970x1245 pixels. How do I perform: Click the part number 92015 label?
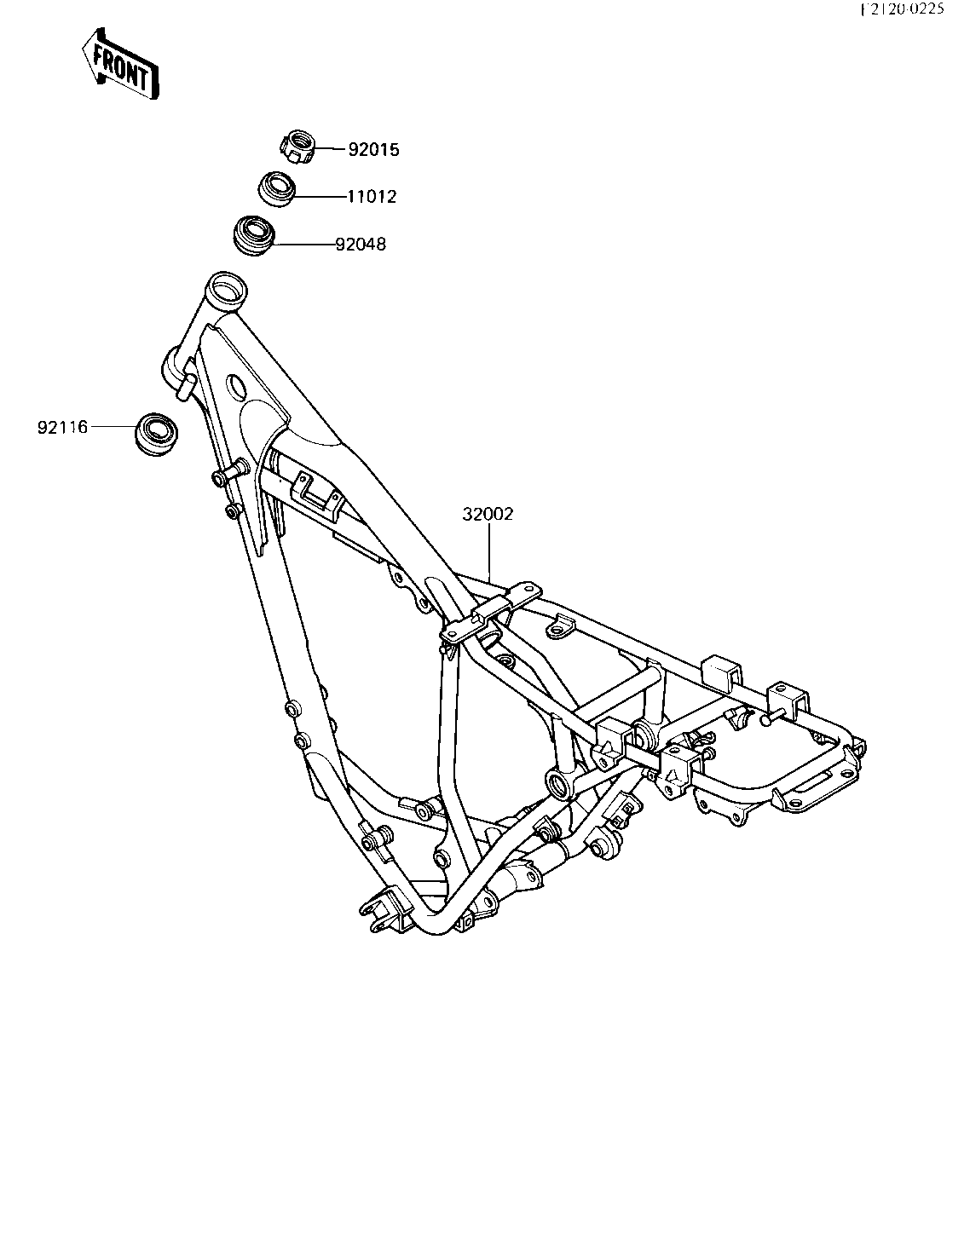click(x=373, y=150)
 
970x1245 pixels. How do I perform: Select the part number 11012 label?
click(x=372, y=197)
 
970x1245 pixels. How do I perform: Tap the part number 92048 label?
click(x=361, y=245)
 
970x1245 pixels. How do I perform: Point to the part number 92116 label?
click(x=63, y=428)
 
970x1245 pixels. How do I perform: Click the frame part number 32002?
click(x=488, y=515)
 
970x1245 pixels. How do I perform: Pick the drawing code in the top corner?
click(x=903, y=9)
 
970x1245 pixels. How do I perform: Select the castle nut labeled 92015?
click(x=298, y=147)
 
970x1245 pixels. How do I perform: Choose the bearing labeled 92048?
click(x=254, y=236)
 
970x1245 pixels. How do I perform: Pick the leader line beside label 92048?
click(x=304, y=245)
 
